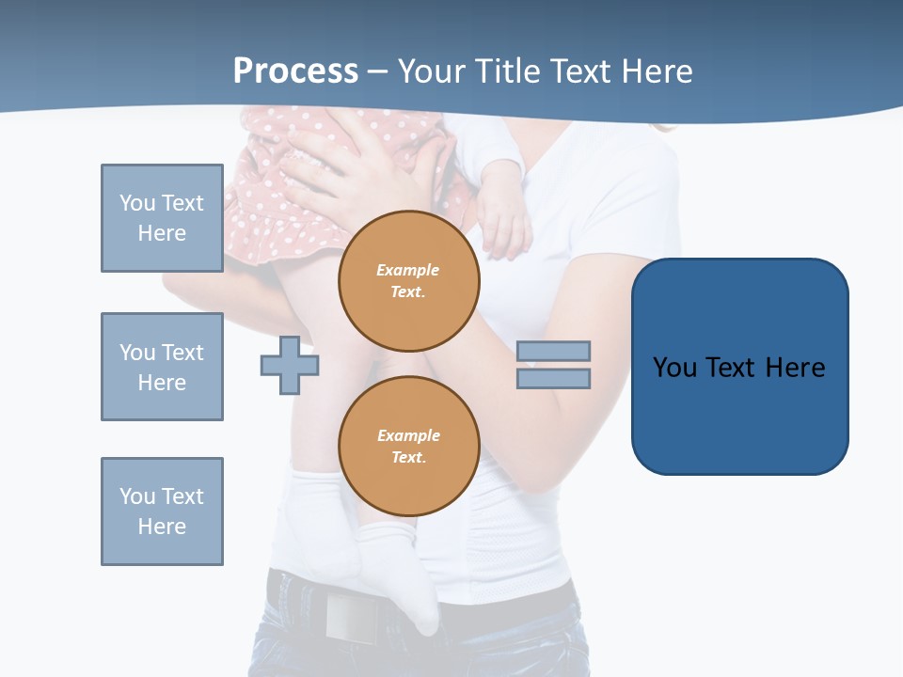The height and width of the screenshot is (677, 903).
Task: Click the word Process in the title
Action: point(295,71)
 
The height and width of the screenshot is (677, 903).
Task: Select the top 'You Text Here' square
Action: point(162,218)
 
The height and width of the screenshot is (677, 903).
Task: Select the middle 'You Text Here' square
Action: point(162,367)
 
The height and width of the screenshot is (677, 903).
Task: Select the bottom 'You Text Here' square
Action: point(162,512)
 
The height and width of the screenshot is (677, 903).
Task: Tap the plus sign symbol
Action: point(290,365)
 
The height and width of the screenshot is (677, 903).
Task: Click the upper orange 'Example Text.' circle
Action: point(408,281)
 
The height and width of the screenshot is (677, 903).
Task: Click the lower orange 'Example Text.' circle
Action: point(408,447)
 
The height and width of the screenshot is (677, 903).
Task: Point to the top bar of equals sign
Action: point(553,351)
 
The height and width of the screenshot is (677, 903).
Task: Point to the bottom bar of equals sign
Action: point(553,378)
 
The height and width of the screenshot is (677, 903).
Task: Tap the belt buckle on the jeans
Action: point(349,616)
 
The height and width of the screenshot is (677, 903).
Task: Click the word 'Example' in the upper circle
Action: point(408,270)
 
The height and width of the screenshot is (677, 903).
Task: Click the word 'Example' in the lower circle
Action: point(408,435)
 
